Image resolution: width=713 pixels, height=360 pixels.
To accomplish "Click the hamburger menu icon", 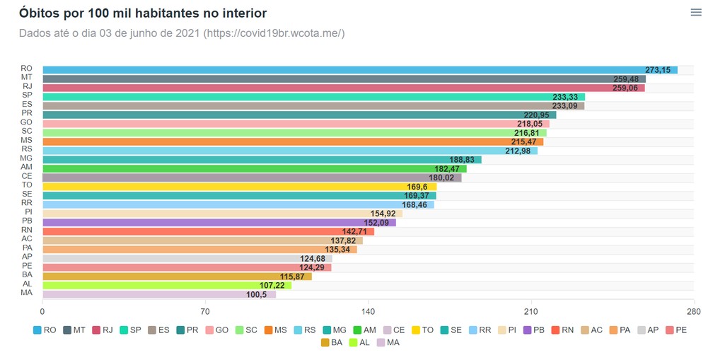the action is click(696, 12).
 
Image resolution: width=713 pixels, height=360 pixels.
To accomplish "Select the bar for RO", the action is click(360, 70).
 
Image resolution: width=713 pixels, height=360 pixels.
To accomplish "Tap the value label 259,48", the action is click(626, 79).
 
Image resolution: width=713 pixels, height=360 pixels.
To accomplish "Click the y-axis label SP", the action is click(28, 95).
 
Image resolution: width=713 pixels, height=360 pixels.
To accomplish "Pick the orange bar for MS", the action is click(293, 142).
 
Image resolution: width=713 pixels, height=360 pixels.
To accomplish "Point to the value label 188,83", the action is click(461, 160).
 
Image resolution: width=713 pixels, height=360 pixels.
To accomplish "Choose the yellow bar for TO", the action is click(240, 186).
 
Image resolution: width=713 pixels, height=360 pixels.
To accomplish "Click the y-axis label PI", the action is click(28, 211).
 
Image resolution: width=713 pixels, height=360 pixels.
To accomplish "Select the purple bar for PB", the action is click(219, 222).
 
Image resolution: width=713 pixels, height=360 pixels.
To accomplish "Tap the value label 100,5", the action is click(257, 294).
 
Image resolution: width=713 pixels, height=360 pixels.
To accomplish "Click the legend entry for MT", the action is click(74, 330).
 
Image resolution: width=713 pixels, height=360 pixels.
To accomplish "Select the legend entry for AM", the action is click(365, 330).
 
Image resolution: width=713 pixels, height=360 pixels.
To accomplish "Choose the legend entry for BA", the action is click(332, 342).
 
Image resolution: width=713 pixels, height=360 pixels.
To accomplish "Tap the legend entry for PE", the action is click(676, 330).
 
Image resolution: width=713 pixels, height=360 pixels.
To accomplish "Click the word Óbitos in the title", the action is click(38, 13).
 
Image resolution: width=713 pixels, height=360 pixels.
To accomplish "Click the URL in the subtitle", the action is click(274, 33).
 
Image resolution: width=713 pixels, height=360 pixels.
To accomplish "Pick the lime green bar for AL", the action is click(167, 286).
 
